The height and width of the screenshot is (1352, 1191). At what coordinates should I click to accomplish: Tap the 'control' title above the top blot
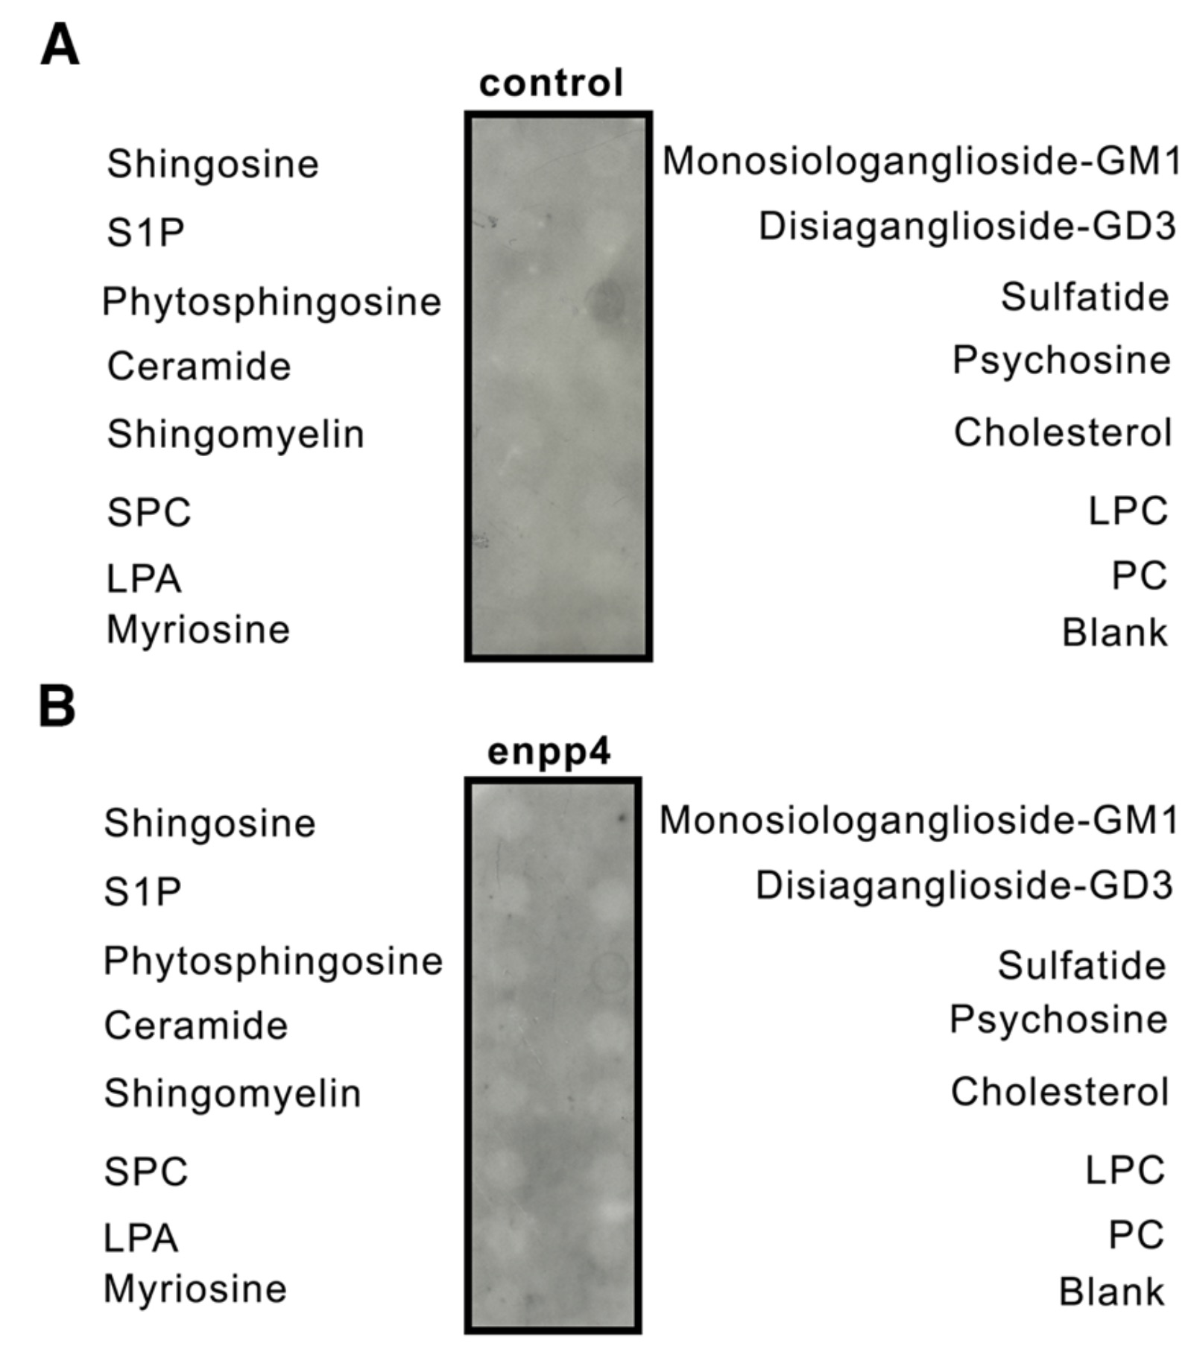[x=551, y=83]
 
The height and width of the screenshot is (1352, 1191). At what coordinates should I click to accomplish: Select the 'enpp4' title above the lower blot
[x=549, y=751]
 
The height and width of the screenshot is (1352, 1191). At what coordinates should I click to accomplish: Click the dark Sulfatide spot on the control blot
[x=604, y=301]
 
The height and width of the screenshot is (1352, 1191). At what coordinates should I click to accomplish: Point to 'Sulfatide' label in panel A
[x=1084, y=297]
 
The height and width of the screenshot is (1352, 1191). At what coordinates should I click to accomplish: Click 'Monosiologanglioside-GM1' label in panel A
[x=922, y=161]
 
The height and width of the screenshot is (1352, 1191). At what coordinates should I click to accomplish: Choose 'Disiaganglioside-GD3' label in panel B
[x=964, y=885]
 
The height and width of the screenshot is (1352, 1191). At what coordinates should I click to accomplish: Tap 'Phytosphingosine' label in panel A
[x=272, y=302]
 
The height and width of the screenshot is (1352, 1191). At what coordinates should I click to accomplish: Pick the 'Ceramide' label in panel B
[x=196, y=1026]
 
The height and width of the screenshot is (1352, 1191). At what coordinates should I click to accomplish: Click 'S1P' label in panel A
[x=145, y=233]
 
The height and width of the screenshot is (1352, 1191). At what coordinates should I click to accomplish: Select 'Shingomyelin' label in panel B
[x=233, y=1093]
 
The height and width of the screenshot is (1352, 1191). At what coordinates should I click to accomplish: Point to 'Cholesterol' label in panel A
[x=1063, y=432]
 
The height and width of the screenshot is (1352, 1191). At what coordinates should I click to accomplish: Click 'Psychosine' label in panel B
[x=1058, y=1020]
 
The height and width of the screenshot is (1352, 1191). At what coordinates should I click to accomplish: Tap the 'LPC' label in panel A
[x=1128, y=511]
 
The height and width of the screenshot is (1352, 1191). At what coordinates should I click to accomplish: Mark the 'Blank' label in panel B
[x=1111, y=1292]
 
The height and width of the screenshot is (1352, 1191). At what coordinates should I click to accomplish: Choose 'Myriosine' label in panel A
[x=198, y=630]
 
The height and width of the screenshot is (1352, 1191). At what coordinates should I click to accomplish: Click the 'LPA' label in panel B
[x=141, y=1239]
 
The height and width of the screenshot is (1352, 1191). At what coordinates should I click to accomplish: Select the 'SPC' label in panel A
[x=149, y=513]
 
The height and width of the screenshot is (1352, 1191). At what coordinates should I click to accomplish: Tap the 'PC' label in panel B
[x=1136, y=1235]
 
